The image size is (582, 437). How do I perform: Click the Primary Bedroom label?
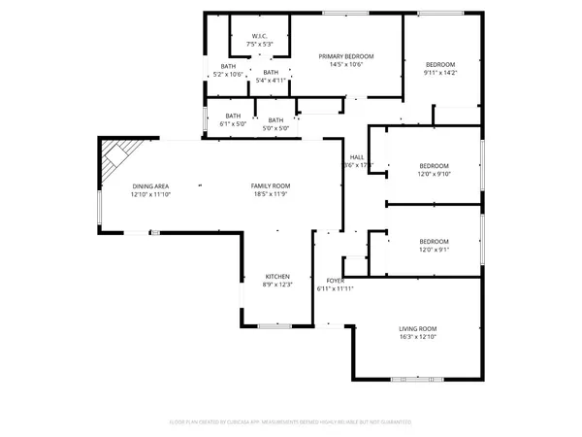point(346,56)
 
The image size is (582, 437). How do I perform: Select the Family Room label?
point(271,185)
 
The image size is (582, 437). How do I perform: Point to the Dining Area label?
point(150,185)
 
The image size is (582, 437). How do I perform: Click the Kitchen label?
point(277,276)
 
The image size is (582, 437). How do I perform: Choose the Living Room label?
point(419,328)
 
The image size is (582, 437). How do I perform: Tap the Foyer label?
point(336,281)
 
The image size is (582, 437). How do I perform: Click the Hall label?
point(357,157)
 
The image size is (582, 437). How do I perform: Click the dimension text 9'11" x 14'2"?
point(439,72)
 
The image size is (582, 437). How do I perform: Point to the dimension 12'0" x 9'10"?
point(434,175)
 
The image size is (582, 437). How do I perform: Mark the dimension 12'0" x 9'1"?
point(434,250)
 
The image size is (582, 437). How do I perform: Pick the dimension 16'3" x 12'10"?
point(419,337)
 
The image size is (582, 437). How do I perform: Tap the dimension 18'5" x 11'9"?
point(271,194)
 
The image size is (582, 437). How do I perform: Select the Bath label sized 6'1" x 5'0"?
point(233,119)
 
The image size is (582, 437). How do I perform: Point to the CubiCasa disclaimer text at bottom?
point(291,422)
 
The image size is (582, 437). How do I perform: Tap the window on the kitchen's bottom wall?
point(271,325)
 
